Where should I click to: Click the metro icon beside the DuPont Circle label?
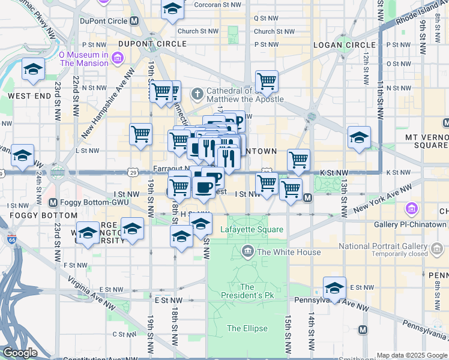[x=134, y=21]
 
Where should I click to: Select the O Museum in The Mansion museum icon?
[x=117, y=58]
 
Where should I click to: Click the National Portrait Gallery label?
[x=383, y=246]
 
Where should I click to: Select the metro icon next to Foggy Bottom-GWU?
[x=53, y=202]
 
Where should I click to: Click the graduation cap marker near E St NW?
[x=334, y=287]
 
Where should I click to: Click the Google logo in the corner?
[x=20, y=353]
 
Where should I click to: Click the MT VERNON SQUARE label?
[x=426, y=141]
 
